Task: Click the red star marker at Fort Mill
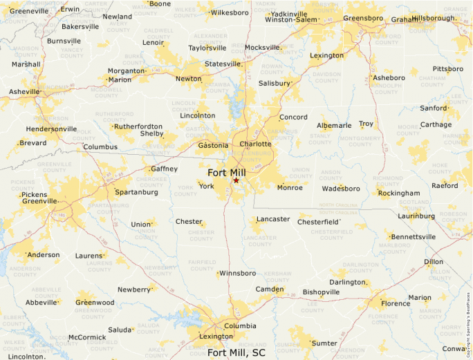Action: (236, 180)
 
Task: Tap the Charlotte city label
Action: (256, 144)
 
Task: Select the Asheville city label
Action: (25, 92)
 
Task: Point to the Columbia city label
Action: (241, 326)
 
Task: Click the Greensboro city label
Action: (363, 18)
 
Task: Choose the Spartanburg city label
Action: (133, 192)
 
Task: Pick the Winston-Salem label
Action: (290, 20)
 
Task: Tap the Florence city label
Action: (396, 303)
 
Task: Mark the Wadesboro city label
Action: (342, 189)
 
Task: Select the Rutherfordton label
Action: (139, 126)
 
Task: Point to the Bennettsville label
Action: (414, 236)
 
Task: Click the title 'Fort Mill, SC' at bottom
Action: (236, 353)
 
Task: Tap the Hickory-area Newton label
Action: (189, 79)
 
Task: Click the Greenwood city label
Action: (95, 303)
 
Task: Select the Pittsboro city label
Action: (448, 69)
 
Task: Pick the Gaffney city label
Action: (165, 169)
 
